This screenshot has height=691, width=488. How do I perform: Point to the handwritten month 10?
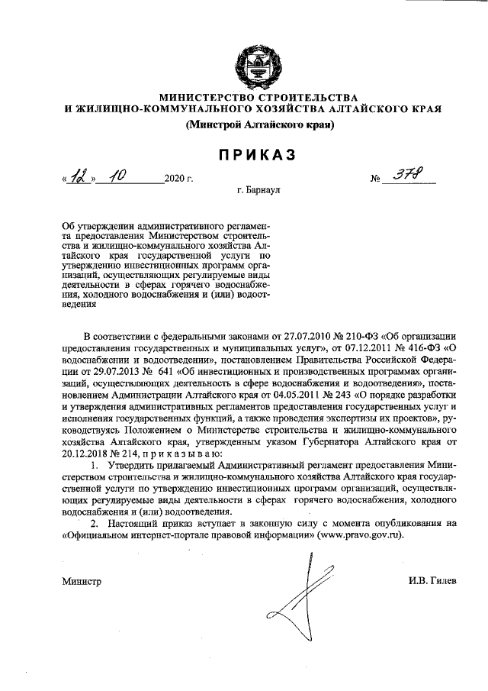119,179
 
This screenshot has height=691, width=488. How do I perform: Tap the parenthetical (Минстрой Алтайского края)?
252,127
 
